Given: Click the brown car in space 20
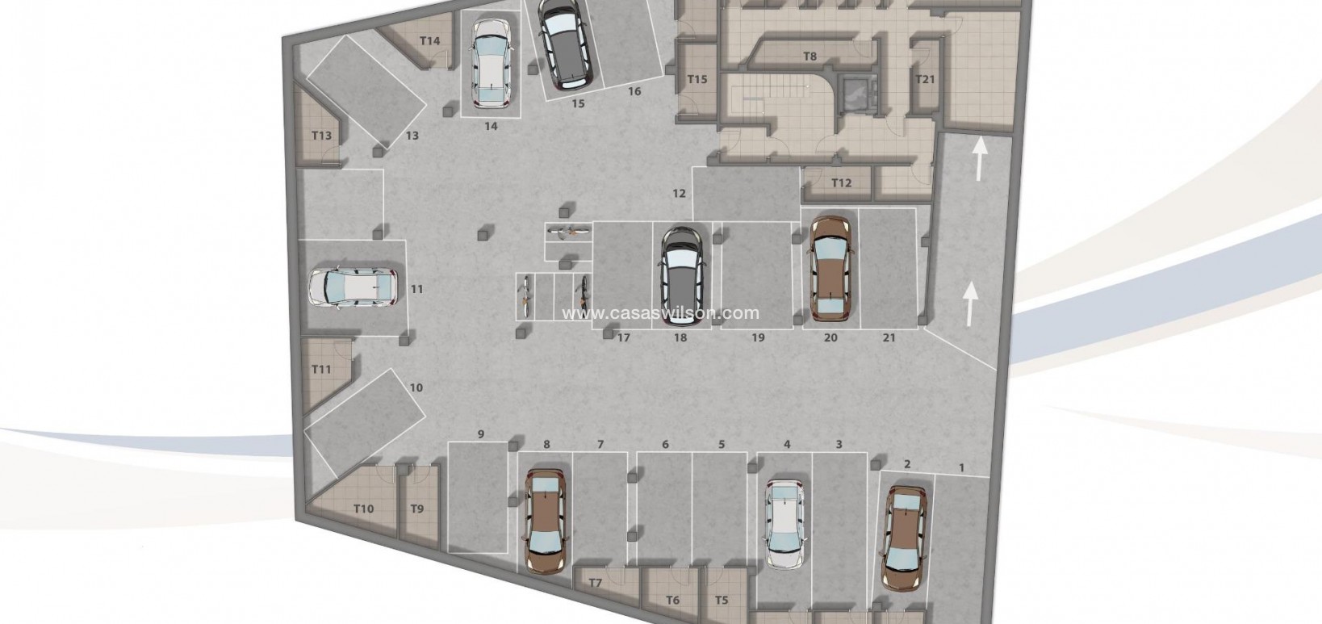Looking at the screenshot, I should (x=830, y=267).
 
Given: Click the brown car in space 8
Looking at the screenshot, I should (x=546, y=521).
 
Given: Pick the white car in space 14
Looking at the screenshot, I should (x=492, y=64).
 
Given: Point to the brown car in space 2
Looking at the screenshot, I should (x=903, y=537).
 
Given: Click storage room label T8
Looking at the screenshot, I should (x=810, y=57).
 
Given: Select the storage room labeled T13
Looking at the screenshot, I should (x=321, y=136).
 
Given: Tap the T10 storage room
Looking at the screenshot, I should (x=363, y=509).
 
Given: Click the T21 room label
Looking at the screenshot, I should (x=925, y=78).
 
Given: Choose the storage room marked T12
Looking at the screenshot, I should (x=841, y=183).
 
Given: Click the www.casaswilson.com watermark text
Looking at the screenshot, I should (x=661, y=313).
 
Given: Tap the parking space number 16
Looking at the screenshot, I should (x=634, y=91).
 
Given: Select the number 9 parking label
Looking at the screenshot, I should (x=480, y=434).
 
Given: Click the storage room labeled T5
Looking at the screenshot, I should (x=722, y=600).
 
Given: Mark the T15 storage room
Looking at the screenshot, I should (x=697, y=79).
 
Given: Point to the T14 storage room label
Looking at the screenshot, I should (x=429, y=40).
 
